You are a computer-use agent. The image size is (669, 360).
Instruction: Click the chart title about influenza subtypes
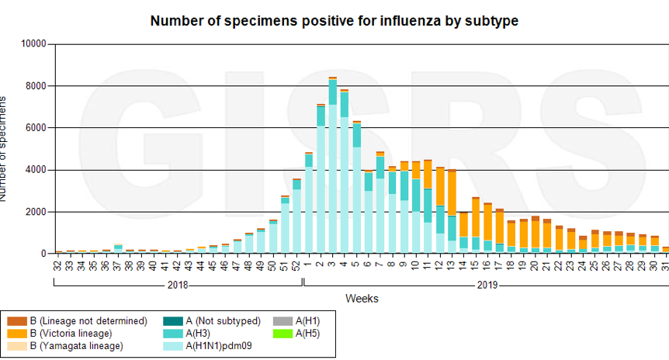tap(334, 21)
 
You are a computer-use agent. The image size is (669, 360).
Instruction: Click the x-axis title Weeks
tap(362, 298)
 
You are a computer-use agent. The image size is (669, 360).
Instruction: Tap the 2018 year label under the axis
tap(178, 285)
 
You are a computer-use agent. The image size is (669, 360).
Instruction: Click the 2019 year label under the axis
tap(487, 285)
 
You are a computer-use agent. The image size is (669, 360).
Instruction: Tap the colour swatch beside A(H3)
tap(172, 333)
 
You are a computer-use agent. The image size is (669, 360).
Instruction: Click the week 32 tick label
tap(58, 265)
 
